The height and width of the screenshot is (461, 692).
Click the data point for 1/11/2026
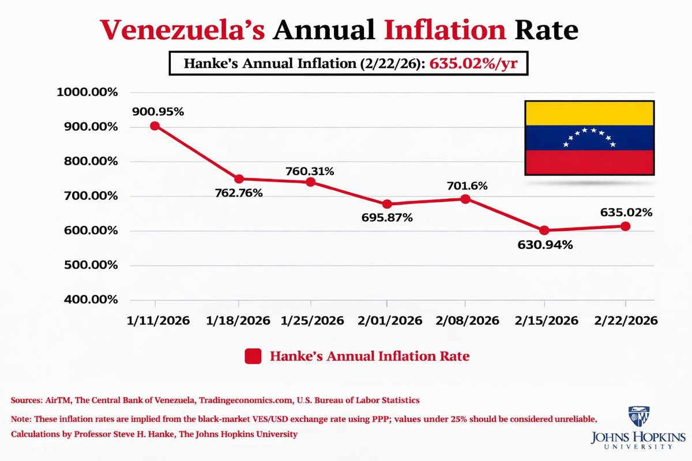pos(155,126)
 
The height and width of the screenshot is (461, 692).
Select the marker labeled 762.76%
pos(239,179)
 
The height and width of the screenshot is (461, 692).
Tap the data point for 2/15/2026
pos(544,231)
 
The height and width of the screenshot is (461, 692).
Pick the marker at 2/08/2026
pos(465,199)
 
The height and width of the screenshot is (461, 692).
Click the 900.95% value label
pos(157,112)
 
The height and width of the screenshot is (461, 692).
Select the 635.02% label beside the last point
pos(625,213)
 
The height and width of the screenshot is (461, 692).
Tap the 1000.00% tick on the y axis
pos(87,93)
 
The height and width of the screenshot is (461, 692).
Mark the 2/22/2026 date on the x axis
pos(625,320)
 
